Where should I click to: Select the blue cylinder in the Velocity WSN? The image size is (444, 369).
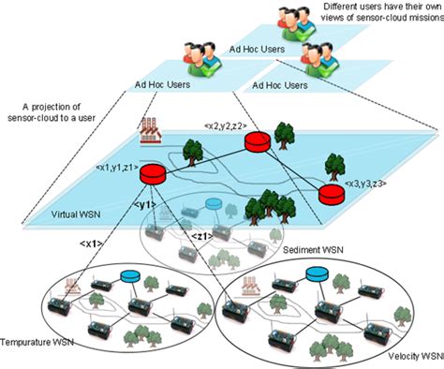(x=318, y=274)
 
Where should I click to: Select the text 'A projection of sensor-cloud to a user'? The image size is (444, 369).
(x=55, y=113)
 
